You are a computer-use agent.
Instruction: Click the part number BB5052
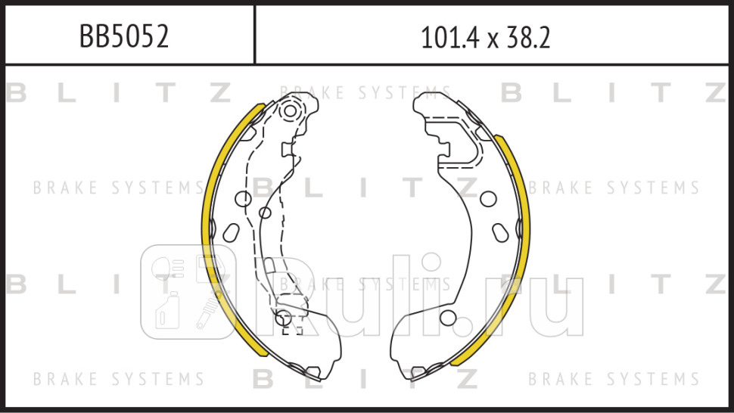click(x=124, y=36)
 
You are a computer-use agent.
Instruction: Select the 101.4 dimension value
click(x=450, y=37)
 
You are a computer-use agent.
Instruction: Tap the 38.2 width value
click(x=527, y=37)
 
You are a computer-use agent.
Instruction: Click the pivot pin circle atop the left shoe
click(x=291, y=111)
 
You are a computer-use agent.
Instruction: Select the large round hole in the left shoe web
click(x=244, y=199)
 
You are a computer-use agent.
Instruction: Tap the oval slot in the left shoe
click(x=232, y=232)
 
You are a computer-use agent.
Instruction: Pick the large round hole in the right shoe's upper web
click(x=488, y=199)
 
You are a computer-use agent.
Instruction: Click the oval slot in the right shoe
click(x=500, y=233)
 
